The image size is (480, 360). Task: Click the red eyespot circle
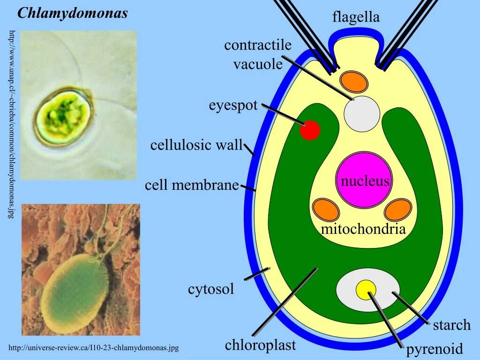[310, 130]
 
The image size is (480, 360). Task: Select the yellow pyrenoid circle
[366, 289]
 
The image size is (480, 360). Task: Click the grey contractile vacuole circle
[362, 114]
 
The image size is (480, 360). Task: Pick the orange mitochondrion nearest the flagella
[354, 81]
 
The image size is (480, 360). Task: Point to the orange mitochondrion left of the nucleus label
[326, 210]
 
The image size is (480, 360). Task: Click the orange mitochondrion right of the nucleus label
[397, 210]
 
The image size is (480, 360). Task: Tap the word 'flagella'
[356, 18]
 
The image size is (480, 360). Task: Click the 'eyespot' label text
[233, 105]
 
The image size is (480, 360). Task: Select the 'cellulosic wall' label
[196, 145]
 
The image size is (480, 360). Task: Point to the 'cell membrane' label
[192, 185]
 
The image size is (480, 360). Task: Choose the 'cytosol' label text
[211, 289]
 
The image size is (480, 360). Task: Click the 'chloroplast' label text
[260, 345]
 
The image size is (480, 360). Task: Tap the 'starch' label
[451, 325]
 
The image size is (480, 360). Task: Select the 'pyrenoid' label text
[434, 349]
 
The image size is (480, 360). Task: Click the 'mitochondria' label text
[363, 229]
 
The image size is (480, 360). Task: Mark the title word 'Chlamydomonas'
[73, 13]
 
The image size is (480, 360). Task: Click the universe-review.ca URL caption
[94, 348]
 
